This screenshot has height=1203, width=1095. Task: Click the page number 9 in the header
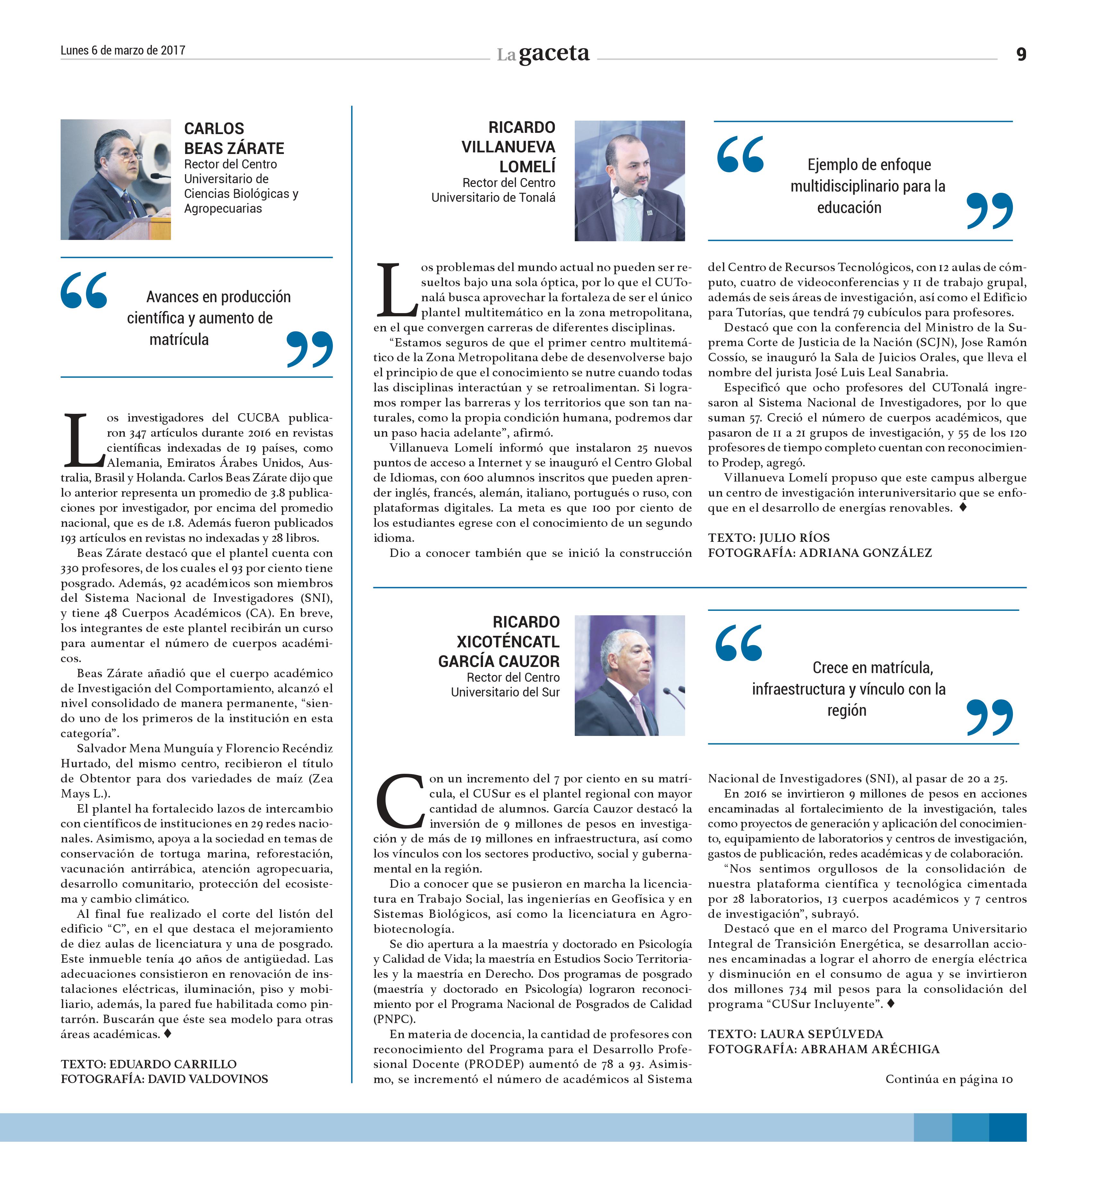(x=1021, y=54)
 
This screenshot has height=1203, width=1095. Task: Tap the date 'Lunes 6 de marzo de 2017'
(x=123, y=50)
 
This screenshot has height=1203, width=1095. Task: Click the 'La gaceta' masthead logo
(x=543, y=54)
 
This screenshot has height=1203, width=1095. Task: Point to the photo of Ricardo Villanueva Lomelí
(x=630, y=181)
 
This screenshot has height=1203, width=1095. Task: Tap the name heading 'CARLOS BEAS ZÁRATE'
(x=234, y=139)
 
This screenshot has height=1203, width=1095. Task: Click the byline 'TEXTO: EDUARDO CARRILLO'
(x=149, y=1064)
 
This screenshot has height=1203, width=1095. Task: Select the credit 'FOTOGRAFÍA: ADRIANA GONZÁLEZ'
(x=819, y=553)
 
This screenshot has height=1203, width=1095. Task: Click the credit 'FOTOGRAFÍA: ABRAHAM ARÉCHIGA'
(x=823, y=1049)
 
